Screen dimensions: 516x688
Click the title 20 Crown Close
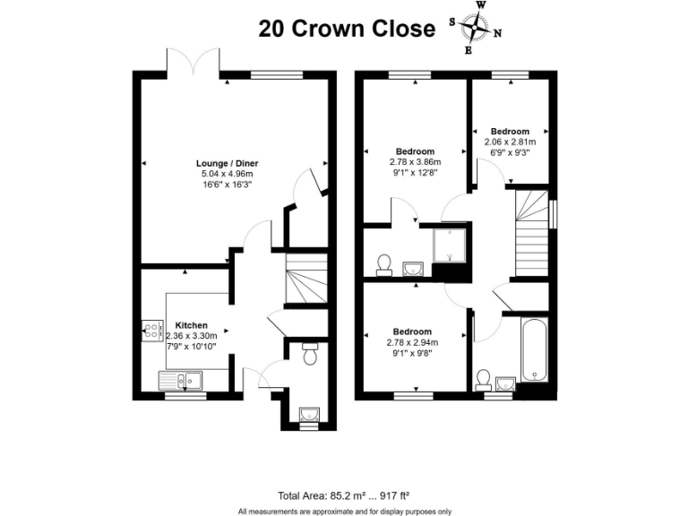(x=347, y=29)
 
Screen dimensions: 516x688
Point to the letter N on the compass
(x=498, y=34)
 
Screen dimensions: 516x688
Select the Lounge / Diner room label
(x=228, y=163)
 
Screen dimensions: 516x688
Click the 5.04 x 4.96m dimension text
(x=228, y=174)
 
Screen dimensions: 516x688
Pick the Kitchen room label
(x=191, y=325)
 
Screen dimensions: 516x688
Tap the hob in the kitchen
(x=149, y=330)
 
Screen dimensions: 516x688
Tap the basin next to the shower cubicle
(x=413, y=268)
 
